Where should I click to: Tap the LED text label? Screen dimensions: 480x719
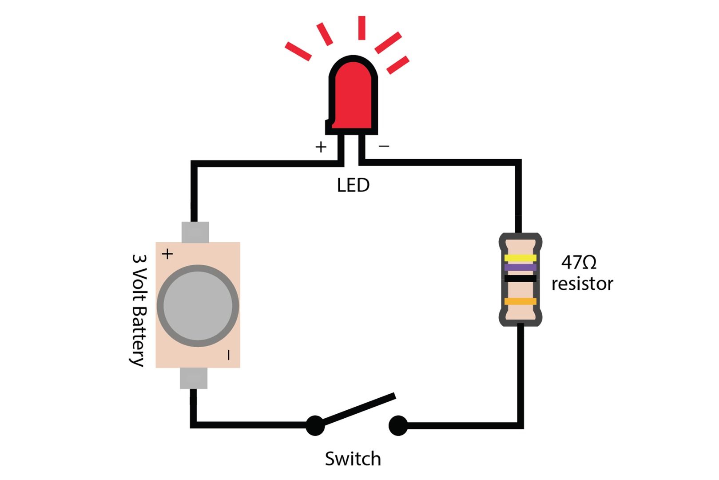point(353,185)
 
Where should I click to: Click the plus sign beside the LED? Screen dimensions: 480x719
point(321,147)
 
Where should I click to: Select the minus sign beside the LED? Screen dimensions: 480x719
point(384,146)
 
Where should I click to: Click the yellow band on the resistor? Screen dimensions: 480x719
point(520,258)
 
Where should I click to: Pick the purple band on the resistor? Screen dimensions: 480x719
point(520,268)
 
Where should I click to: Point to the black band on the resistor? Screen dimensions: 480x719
point(520,279)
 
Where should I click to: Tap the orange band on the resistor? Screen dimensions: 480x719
point(520,301)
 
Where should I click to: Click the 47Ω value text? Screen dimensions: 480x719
point(579,263)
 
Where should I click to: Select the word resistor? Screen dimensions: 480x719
point(582,284)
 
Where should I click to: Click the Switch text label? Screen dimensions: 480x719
point(353,459)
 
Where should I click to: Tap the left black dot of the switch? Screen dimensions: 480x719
point(315,425)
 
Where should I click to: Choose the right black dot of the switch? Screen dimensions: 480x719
point(398,425)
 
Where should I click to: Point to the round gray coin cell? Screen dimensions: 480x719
point(198,306)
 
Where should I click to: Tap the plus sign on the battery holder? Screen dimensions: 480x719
point(167,254)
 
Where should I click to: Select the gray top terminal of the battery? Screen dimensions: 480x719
point(195,232)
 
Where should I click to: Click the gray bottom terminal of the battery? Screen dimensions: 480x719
point(194,378)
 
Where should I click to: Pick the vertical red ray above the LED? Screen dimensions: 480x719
point(361,28)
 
